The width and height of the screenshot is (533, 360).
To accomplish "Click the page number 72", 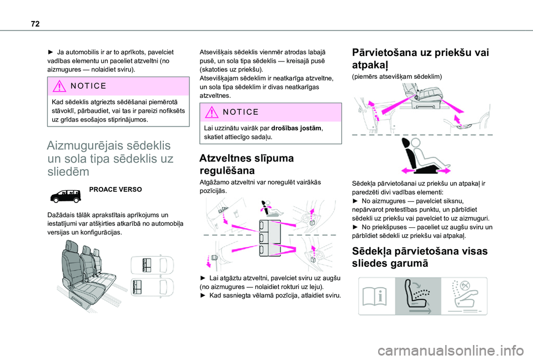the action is (x=35, y=23).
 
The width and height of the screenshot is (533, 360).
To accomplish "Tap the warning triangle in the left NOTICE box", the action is (x=59, y=86).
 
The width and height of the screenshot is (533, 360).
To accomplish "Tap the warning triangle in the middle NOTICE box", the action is (x=212, y=112).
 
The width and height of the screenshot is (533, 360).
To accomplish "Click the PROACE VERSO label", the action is (x=115, y=190).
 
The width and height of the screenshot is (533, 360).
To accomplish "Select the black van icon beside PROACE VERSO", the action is (x=66, y=196).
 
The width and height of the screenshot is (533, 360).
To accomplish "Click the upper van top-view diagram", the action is (x=152, y=265).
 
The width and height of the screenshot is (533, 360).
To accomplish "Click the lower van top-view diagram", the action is (x=152, y=287).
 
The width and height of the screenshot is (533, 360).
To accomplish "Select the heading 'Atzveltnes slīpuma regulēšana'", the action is (x=247, y=164).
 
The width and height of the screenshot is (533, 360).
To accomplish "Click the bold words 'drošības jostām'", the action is (x=296, y=128).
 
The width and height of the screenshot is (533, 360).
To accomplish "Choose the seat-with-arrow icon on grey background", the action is (x=418, y=296).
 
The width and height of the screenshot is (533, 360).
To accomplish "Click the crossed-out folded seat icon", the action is (x=464, y=296).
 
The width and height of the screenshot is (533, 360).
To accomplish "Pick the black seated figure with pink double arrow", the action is (x=425, y=156).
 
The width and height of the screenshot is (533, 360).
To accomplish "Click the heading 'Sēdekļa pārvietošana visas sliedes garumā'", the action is (x=420, y=257).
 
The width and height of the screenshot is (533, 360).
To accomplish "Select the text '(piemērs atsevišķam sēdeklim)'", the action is (x=397, y=77).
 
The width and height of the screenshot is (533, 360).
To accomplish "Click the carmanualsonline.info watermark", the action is (x=450, y=351).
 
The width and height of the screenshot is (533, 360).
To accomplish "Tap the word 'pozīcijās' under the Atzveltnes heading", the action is (x=213, y=191).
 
